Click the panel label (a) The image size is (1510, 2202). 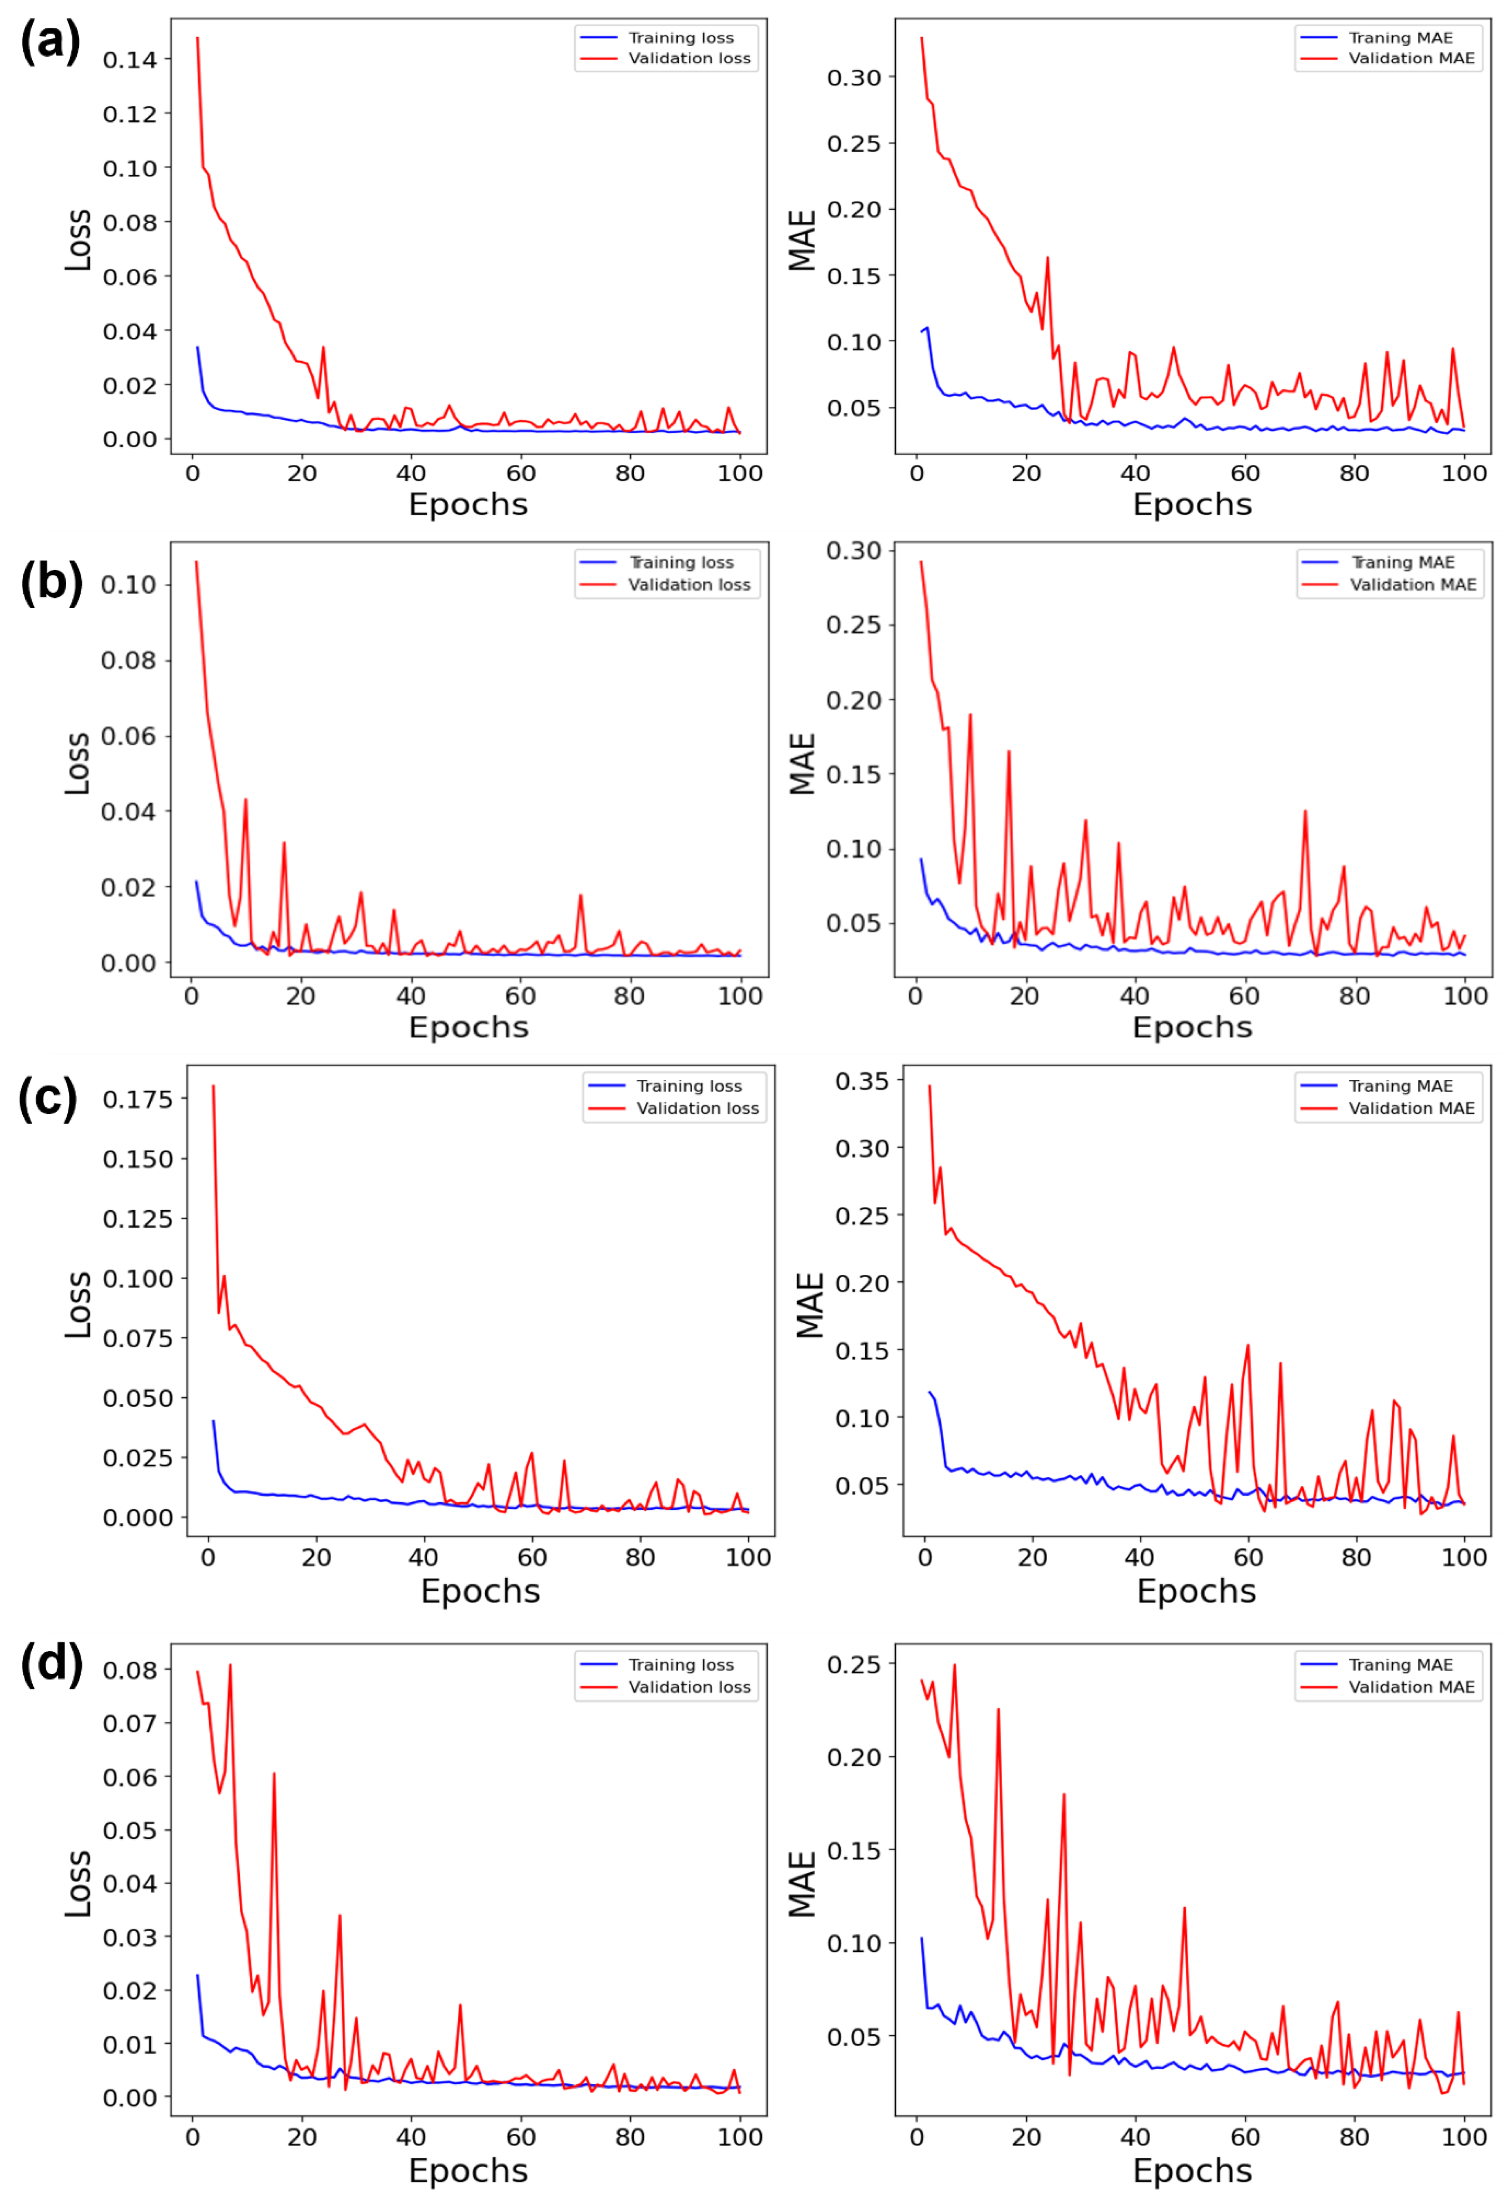50,43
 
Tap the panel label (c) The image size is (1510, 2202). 48,1099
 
